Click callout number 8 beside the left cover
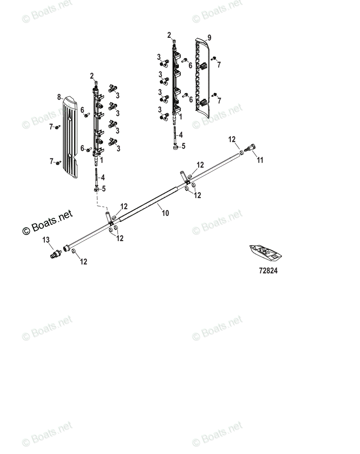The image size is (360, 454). tap(59, 97)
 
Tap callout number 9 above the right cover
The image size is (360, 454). tap(209, 37)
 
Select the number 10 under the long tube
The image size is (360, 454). tap(165, 213)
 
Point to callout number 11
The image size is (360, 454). tap(260, 160)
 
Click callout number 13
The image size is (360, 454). tap(46, 240)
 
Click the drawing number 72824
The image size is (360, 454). tap(268, 271)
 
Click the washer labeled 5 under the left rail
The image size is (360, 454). tap(97, 189)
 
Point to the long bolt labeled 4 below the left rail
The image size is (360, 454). tap(97, 176)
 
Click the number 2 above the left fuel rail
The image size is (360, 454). tap(92, 76)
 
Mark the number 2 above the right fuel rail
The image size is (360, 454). tap(169, 35)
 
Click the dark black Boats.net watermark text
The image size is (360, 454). tap(48, 222)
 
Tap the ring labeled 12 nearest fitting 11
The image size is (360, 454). tap(240, 152)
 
